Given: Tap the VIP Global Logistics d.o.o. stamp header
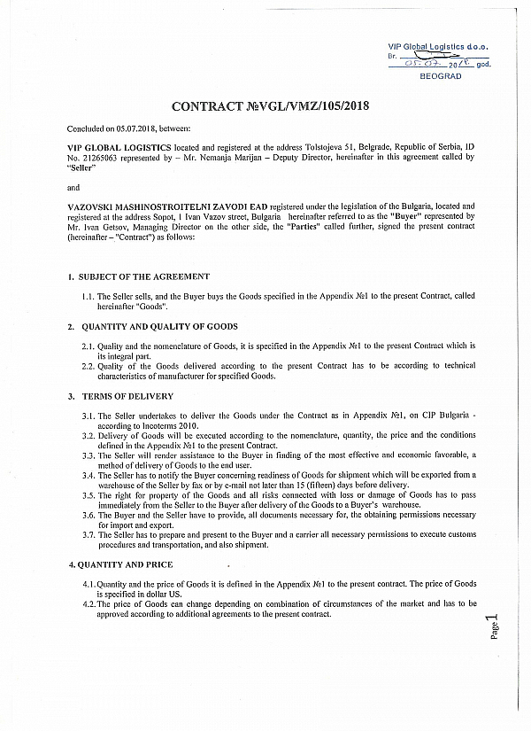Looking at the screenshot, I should click(437, 46).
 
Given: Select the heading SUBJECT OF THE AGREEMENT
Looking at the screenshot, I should click(145, 276).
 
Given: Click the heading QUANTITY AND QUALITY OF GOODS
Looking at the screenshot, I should click(158, 327).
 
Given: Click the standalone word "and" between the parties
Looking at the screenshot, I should click(73, 187).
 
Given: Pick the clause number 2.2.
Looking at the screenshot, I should click(88, 365).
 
